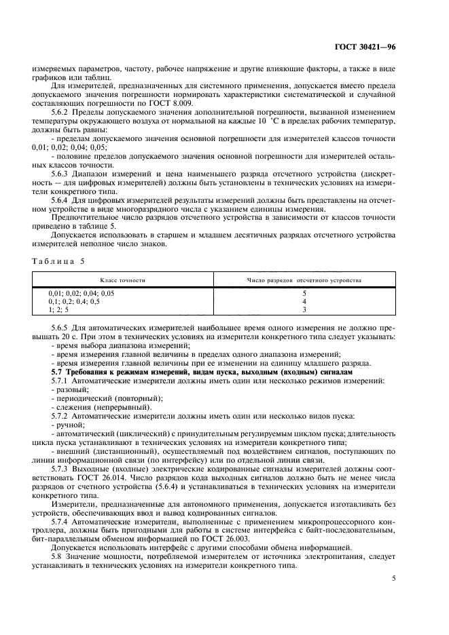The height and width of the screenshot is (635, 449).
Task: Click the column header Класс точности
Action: pyautogui.click(x=123, y=280)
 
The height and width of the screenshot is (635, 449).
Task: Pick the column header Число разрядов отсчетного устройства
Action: pyautogui.click(x=304, y=280)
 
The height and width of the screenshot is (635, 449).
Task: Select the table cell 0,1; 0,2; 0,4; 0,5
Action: pyautogui.click(x=74, y=301)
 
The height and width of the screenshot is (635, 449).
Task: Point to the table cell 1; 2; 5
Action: pyautogui.click(x=58, y=309)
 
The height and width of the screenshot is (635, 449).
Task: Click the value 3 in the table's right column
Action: pyautogui.click(x=304, y=309)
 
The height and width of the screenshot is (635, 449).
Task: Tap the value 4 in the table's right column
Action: pyautogui.click(x=304, y=301)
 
